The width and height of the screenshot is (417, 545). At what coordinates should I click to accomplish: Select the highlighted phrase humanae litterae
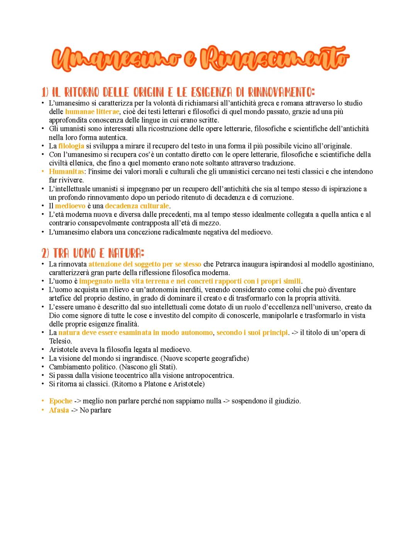[92, 112]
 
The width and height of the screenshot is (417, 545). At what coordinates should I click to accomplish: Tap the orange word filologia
[71, 146]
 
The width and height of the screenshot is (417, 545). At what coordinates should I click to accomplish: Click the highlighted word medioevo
[70, 206]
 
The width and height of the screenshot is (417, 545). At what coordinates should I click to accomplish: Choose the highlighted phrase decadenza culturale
[137, 206]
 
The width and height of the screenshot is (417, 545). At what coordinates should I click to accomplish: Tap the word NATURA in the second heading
[125, 254]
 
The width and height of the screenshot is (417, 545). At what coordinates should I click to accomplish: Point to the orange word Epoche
[61, 401]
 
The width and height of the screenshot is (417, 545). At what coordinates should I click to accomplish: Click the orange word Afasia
[59, 410]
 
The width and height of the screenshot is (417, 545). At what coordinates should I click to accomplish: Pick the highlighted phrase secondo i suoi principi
[252, 332]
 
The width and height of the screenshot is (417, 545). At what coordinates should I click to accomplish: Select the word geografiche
[229, 358]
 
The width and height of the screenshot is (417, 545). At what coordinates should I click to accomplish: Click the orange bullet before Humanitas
[43, 171]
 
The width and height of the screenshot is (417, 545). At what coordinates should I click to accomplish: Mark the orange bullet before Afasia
[43, 410]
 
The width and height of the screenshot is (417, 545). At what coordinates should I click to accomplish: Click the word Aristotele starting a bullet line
[64, 350]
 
